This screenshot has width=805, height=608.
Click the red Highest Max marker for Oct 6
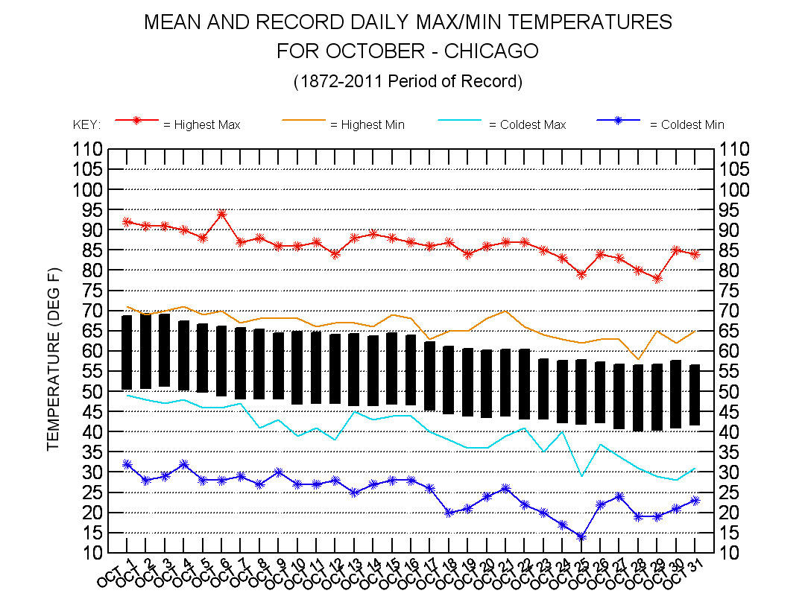point(221,214)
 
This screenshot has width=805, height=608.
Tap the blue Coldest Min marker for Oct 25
point(581,536)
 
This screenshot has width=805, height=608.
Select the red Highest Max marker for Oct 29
point(657,279)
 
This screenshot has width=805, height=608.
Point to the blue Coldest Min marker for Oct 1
point(127,464)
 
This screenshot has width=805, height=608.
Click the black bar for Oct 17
point(430,376)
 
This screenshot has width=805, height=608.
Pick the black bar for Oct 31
point(695,395)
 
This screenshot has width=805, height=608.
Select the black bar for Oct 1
point(127,352)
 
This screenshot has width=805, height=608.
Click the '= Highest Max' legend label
point(202,125)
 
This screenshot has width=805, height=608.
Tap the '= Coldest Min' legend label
point(687,125)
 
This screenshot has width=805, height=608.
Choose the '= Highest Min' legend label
point(367,125)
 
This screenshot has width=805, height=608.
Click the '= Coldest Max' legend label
point(527,125)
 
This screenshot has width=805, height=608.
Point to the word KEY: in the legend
point(86,125)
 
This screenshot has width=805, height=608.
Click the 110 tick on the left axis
point(89,150)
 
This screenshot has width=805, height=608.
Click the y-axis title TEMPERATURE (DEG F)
point(53,359)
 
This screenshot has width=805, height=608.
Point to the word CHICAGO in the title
point(492,51)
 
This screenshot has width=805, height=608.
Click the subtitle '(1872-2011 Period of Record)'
point(408,80)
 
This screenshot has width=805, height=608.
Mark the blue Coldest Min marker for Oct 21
point(505,489)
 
